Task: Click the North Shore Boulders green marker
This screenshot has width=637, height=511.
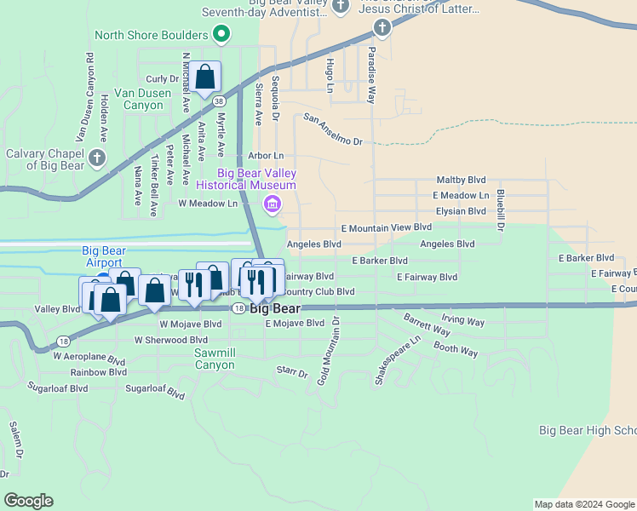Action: [x=221, y=35]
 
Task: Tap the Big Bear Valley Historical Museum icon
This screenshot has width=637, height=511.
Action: [x=273, y=203]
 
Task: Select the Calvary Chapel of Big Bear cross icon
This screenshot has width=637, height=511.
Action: [x=97, y=158]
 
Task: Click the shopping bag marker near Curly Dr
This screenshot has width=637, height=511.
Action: [x=205, y=78]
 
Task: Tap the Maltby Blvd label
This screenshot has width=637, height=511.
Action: [x=461, y=181]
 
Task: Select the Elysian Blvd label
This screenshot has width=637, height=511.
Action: [x=459, y=211]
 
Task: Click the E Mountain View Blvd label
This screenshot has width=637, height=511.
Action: [x=386, y=228]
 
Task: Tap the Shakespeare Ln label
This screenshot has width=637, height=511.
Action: [x=398, y=359]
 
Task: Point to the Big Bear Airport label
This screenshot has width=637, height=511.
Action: [x=102, y=256]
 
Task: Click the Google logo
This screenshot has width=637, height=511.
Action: [x=29, y=501]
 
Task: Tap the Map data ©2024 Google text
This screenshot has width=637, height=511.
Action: [x=583, y=504]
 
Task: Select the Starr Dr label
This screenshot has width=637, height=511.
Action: [x=291, y=371]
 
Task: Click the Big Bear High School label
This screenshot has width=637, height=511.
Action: [x=588, y=431]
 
